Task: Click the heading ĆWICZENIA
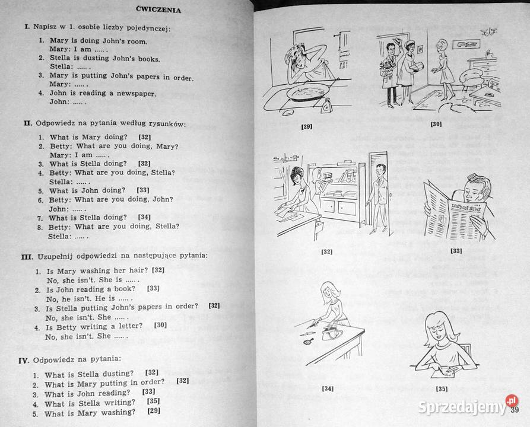[158, 9]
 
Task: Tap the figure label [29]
[307, 127]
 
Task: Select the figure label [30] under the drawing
[436, 125]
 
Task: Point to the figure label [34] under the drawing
[328, 388]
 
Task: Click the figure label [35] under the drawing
[442, 389]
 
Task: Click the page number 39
[515, 410]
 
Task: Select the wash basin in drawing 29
[307, 92]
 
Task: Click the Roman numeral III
[27, 257]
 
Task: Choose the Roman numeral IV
[24, 361]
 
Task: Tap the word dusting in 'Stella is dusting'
[96, 58]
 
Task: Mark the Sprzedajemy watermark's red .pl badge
[512, 401]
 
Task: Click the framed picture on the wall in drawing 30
[466, 44]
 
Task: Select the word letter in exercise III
[131, 326]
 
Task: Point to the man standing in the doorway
[379, 198]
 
